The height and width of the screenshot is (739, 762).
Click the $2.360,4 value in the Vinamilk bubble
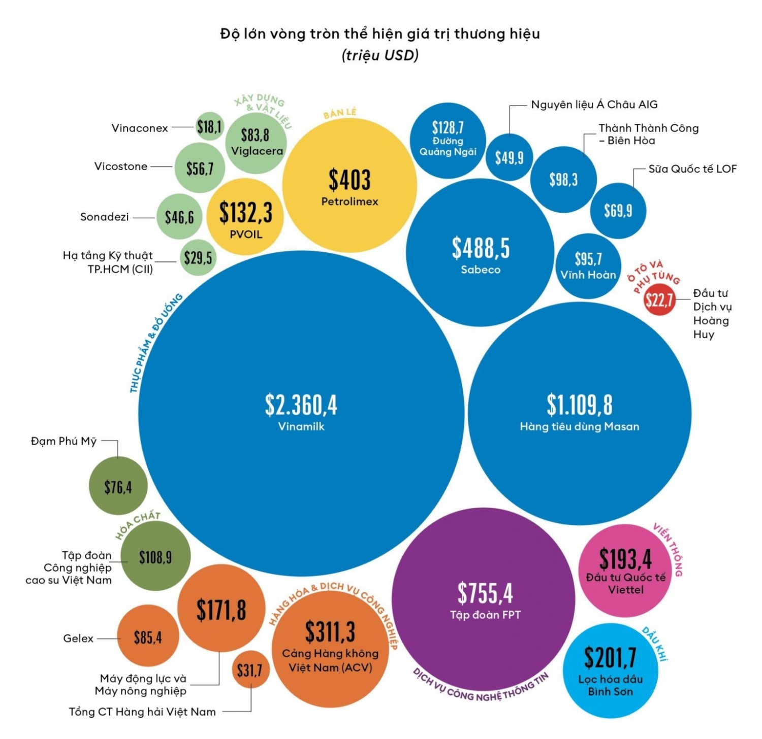point(301,405)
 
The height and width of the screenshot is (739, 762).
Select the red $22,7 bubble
point(658,300)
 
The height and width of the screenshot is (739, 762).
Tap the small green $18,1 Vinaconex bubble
point(209,126)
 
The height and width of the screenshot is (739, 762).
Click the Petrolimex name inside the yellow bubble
point(350,201)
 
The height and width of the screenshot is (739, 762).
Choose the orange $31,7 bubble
point(250,669)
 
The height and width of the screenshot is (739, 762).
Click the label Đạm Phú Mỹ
point(63,441)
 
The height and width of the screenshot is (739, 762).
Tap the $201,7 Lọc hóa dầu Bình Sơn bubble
point(610,670)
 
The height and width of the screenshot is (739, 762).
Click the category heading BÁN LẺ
point(340,113)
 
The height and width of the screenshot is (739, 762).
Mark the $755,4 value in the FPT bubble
point(485,593)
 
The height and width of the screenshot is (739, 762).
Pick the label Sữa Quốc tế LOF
point(692,169)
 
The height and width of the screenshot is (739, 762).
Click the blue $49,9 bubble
point(509,157)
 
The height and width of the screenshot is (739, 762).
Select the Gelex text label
point(78,638)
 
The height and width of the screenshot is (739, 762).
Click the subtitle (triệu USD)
point(380,55)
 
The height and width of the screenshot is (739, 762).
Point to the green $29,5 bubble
point(198,257)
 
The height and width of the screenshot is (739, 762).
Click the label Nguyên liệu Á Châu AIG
point(594,105)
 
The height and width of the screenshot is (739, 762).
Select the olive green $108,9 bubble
point(155,557)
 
